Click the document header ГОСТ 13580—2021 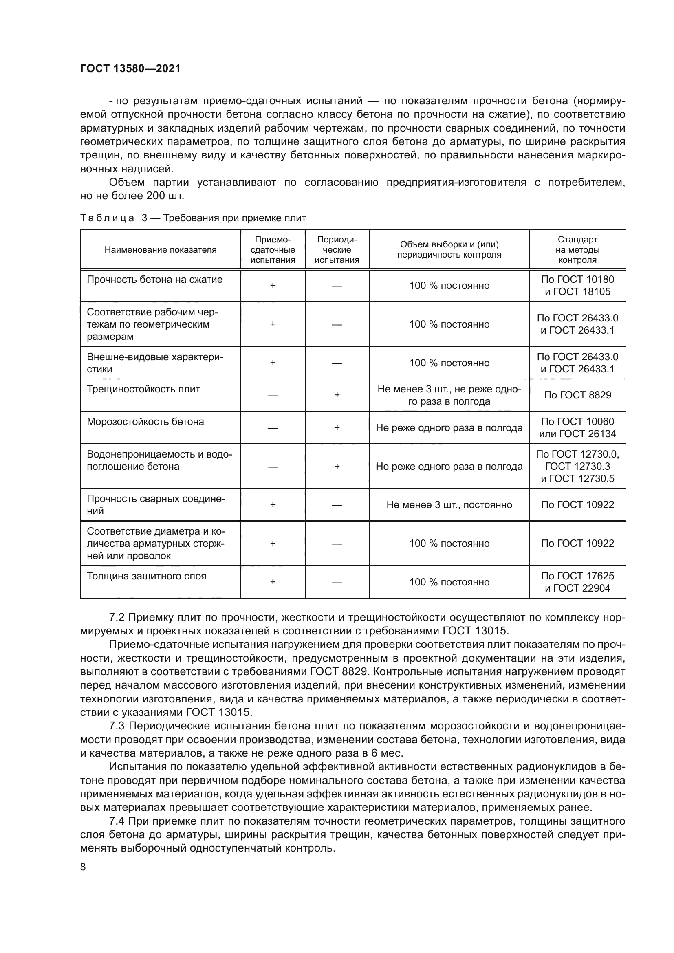click(130, 68)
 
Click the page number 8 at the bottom click(83, 867)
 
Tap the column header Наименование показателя click(160, 250)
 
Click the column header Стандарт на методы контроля click(577, 250)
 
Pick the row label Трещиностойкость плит click(143, 390)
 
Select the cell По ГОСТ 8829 click(577, 395)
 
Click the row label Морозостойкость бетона click(145, 422)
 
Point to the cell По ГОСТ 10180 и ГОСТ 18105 click(577, 286)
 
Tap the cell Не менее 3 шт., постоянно click(449, 505)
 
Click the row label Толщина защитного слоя click(146, 576)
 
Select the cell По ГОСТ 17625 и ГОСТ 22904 click(577, 582)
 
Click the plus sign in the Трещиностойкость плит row click(337, 395)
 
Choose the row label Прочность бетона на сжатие click(154, 280)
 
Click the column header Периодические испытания click(337, 250)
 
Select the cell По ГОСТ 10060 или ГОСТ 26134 click(577, 428)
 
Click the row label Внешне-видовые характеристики click(154, 363)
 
